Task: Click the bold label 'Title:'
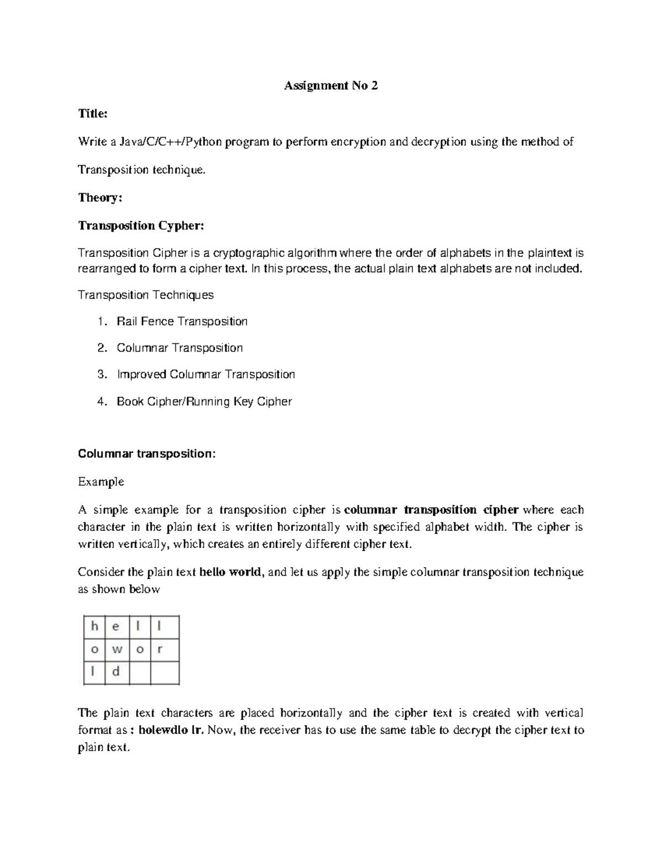pyautogui.click(x=93, y=114)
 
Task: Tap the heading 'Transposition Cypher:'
pyautogui.click(x=141, y=225)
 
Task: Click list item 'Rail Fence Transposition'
pyautogui.click(x=182, y=321)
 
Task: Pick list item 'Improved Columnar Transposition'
pyautogui.click(x=206, y=374)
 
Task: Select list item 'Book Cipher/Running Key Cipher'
pyautogui.click(x=204, y=401)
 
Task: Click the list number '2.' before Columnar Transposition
pyautogui.click(x=102, y=348)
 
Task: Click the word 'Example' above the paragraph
pyautogui.click(x=101, y=482)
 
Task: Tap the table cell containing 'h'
pyautogui.click(x=94, y=627)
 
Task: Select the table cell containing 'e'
pyautogui.click(x=116, y=627)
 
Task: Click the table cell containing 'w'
pyautogui.click(x=116, y=649)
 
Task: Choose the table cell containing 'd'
pyautogui.click(x=116, y=672)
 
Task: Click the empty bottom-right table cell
pyautogui.click(x=164, y=672)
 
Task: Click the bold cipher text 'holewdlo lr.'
pyautogui.click(x=172, y=730)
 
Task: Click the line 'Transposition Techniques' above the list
pyautogui.click(x=146, y=295)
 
